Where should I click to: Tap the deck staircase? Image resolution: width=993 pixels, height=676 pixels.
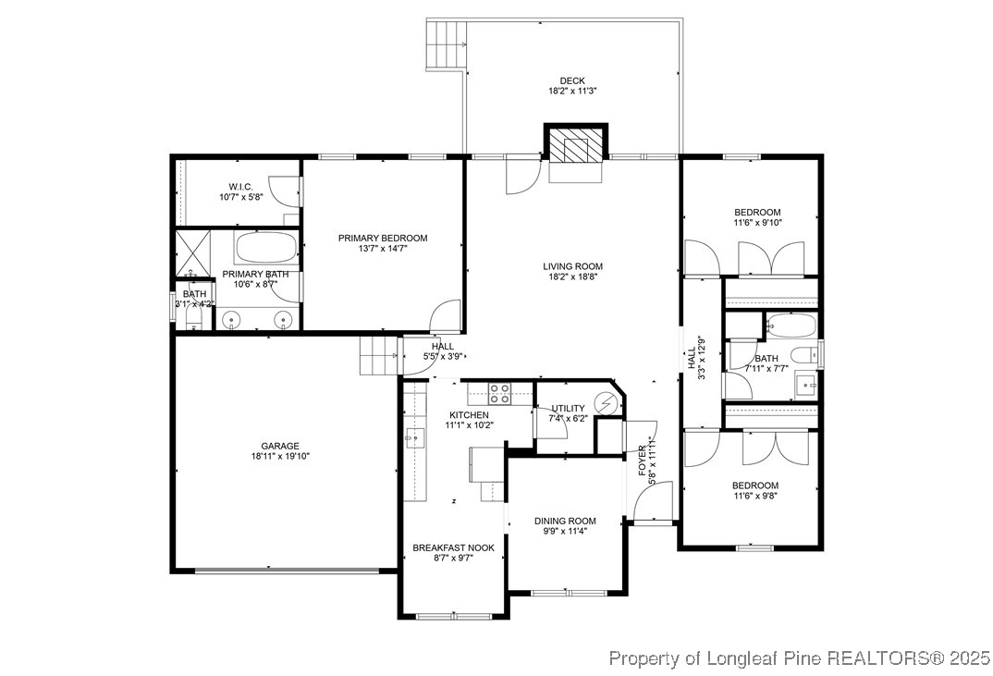[x=445, y=44]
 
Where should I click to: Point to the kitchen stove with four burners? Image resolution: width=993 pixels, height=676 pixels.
[x=500, y=394]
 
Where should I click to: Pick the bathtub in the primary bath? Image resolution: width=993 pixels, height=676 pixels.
[x=266, y=249]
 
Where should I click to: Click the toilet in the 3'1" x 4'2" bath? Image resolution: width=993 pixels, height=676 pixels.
[x=194, y=318]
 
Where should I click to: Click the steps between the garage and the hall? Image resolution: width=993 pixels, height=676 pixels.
[x=378, y=355]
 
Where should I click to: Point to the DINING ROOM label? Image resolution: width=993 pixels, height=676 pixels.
[x=565, y=521]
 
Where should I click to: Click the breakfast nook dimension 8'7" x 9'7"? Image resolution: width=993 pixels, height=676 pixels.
[x=453, y=559]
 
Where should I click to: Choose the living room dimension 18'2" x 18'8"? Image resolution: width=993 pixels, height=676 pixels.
[x=572, y=277]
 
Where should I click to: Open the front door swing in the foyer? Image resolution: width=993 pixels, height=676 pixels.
[x=650, y=503]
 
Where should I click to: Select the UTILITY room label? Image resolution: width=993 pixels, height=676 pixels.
[x=568, y=408]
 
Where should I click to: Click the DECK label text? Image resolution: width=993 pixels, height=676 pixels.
[x=572, y=80]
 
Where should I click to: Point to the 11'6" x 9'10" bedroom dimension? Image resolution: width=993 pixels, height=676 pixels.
[x=757, y=222]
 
